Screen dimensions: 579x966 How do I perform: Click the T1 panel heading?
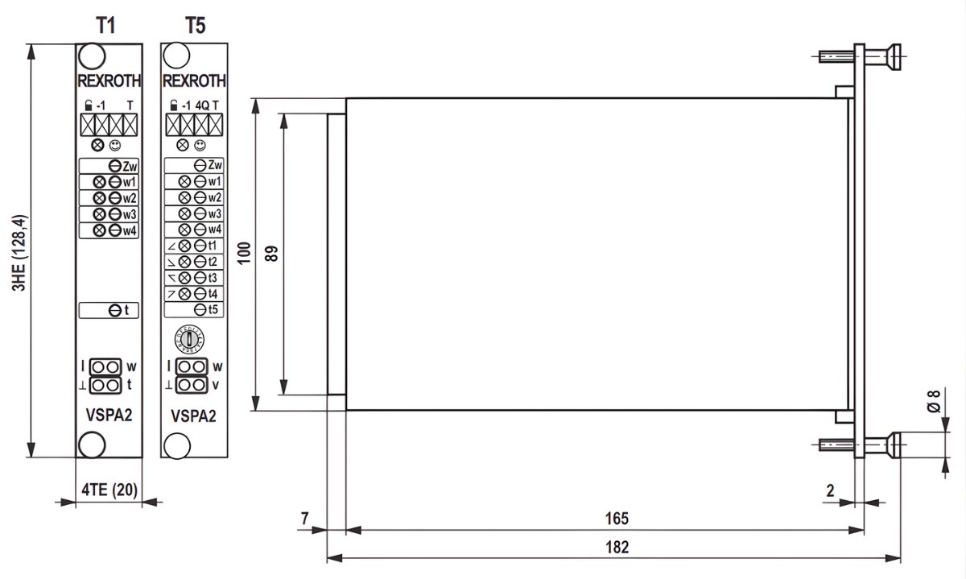pyautogui.click(x=106, y=25)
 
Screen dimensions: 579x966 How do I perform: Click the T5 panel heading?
pyautogui.click(x=195, y=25)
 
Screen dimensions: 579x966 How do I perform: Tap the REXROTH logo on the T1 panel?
pyautogui.click(x=109, y=81)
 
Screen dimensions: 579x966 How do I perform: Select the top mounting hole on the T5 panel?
pyautogui.click(x=175, y=56)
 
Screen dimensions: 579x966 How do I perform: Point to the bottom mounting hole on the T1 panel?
pyautogui.click(x=91, y=444)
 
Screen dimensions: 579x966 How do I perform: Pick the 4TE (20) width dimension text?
pyautogui.click(x=108, y=489)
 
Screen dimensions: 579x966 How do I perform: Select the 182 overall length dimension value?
pyautogui.click(x=617, y=547)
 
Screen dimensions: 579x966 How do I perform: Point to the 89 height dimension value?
pyautogui.click(x=273, y=254)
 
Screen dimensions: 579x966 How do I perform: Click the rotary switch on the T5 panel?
pyautogui.click(x=190, y=339)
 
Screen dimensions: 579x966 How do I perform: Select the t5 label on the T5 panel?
pyautogui.click(x=214, y=309)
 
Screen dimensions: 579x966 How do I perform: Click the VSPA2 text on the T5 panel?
pyautogui.click(x=194, y=416)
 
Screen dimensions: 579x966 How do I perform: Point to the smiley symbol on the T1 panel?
pyautogui.click(x=115, y=146)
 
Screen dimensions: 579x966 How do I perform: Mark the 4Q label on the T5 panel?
pyautogui.click(x=201, y=105)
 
